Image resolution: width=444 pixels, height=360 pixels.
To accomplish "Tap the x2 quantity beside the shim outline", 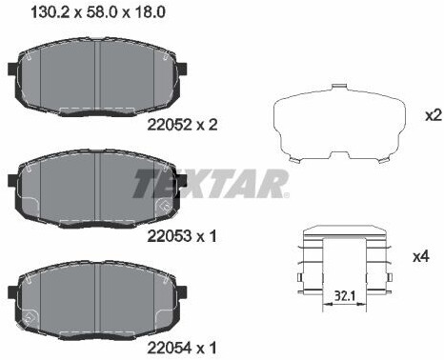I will (434, 115).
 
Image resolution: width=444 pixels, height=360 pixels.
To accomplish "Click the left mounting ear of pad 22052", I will (12, 70).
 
